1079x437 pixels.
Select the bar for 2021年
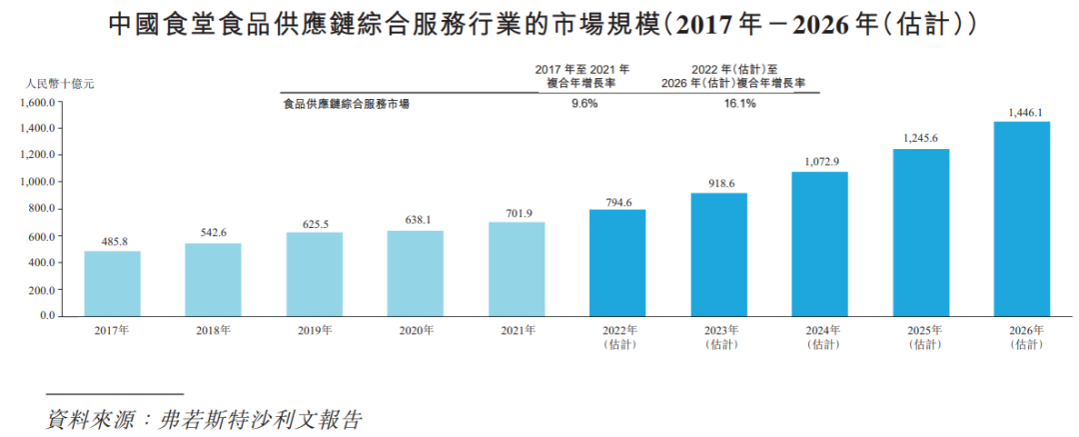click(x=517, y=269)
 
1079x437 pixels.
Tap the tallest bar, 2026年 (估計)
click(x=1021, y=219)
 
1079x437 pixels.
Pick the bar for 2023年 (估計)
click(x=718, y=254)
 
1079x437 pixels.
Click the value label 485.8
click(x=112, y=240)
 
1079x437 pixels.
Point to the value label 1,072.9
click(x=819, y=161)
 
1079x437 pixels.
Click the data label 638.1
click(x=416, y=220)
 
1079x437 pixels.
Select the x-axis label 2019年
click(x=315, y=331)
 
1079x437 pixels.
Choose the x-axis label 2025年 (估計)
click(x=920, y=337)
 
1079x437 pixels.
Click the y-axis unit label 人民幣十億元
click(x=59, y=85)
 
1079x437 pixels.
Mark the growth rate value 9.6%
click(x=584, y=104)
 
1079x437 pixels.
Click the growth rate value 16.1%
click(x=738, y=104)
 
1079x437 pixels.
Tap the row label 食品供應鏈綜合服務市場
click(x=347, y=104)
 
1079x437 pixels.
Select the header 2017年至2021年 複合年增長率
click(x=582, y=76)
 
